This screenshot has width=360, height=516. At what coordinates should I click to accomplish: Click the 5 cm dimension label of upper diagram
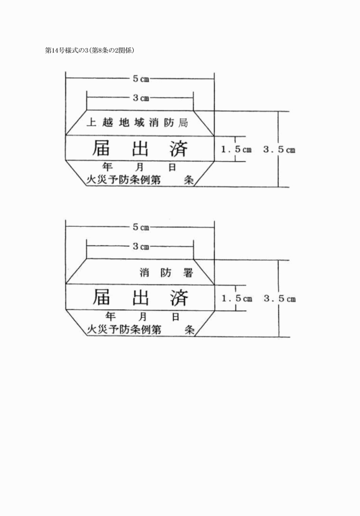141,79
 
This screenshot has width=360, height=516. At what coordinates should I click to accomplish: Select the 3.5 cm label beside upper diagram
279,150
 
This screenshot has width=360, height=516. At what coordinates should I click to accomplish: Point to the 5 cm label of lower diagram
141,227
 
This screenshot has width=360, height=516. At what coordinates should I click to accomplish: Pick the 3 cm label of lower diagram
141,247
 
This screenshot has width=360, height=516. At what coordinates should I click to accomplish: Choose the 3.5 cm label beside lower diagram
279,299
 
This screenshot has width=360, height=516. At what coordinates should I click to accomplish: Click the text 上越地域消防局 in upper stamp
141,122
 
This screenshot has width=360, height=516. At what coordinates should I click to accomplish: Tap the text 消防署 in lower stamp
166,273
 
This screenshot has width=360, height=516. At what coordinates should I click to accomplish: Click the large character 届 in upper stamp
102,149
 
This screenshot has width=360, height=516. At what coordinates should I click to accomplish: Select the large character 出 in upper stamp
141,149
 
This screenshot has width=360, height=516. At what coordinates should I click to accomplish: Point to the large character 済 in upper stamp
179,149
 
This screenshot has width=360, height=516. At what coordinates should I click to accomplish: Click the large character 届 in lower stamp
102,298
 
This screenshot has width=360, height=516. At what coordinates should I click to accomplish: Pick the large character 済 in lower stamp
179,298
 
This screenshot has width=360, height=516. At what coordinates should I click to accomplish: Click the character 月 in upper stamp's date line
141,167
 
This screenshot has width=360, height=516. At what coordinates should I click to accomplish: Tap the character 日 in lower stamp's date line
175,316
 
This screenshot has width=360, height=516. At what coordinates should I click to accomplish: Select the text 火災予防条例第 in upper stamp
123,179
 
